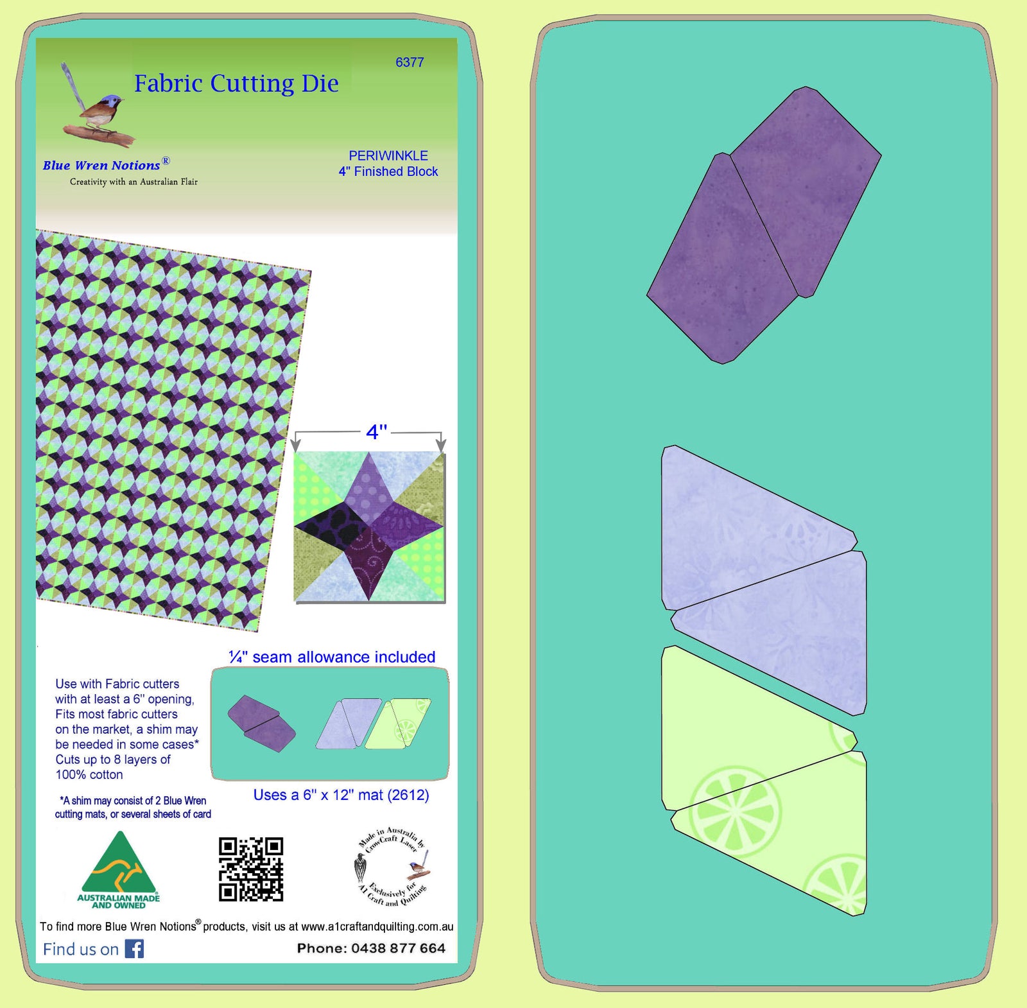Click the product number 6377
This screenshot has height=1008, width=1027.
pos(410,62)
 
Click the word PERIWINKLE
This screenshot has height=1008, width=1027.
pos(388,155)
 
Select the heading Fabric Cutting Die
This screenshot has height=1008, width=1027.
pos(236,83)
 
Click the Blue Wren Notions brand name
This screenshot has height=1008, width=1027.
pos(101,165)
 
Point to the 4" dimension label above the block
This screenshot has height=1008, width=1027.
pos(376,431)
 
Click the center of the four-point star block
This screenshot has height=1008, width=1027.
pos(369,527)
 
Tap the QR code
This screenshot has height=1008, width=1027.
pos(251,869)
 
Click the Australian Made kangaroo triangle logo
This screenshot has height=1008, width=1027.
pos(119,870)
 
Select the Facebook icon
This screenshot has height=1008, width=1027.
pos(134,948)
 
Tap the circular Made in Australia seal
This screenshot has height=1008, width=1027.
pos(392,867)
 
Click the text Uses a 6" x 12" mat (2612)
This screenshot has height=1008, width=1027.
pos(341,795)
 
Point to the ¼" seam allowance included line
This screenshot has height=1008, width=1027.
pos(332,657)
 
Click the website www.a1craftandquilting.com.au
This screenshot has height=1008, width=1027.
pos(377,926)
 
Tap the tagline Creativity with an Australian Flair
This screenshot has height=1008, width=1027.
pos(134,182)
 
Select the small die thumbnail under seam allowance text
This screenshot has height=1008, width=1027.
pos(330,724)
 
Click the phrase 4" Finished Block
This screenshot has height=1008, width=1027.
pos(388,171)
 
